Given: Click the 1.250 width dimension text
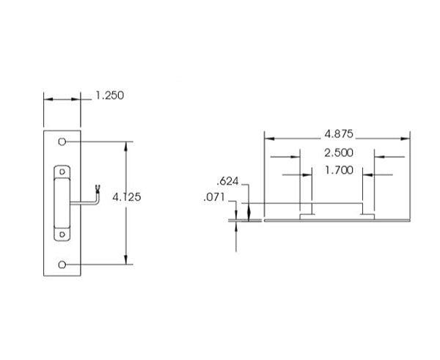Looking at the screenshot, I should [x=110, y=95].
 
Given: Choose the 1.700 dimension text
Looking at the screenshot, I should [x=339, y=170].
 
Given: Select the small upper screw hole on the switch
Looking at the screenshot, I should [x=62, y=172].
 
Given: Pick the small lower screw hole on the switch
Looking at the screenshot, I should [x=62, y=235].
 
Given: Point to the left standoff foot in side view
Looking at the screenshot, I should [x=308, y=216].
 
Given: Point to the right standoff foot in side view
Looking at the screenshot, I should [x=368, y=216].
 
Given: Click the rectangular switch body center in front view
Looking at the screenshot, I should [x=62, y=203].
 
